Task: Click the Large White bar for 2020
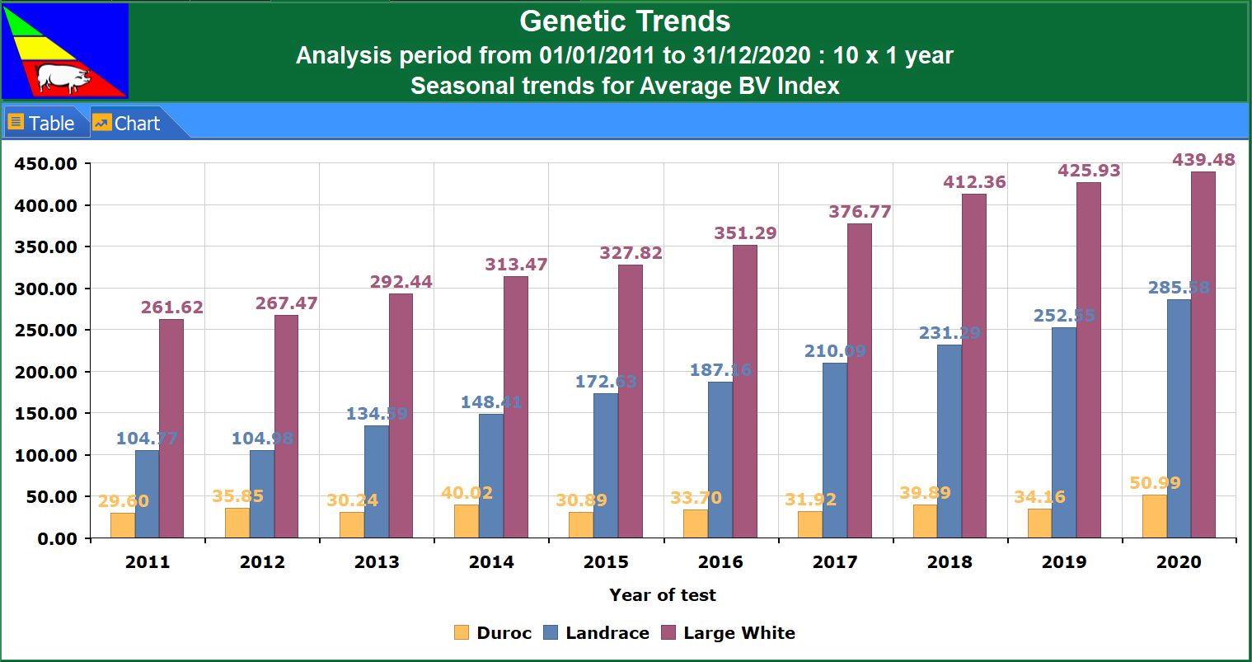pos(1203,354)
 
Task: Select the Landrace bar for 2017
pos(834,450)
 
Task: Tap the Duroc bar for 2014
pos(467,521)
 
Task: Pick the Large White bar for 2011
pos(171,429)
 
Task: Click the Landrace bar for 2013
pos(377,481)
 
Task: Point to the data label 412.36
pos(974,182)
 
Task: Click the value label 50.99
pos(1155,483)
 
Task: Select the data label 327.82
pos(631,253)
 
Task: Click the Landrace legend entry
pos(597,633)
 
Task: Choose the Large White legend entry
pos(729,633)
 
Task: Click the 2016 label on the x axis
pos(720,562)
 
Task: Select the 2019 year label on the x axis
pos(1064,562)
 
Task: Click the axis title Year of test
pos(663,595)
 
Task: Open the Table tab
pos(42,124)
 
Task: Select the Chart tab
pos(127,124)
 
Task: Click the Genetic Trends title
pos(625,21)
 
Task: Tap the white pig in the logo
pos(63,78)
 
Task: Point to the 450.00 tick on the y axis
pos(46,164)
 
